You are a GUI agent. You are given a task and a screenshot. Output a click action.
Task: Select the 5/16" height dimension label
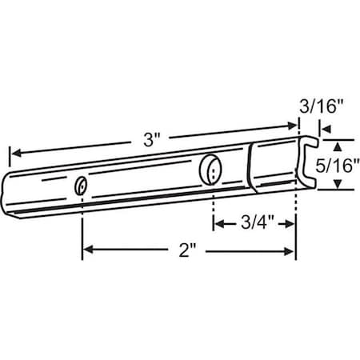tap(337, 165)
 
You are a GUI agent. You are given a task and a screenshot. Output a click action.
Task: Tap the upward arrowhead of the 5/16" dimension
tap(337, 145)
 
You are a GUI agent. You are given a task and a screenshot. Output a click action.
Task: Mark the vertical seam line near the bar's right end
tap(250, 169)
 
